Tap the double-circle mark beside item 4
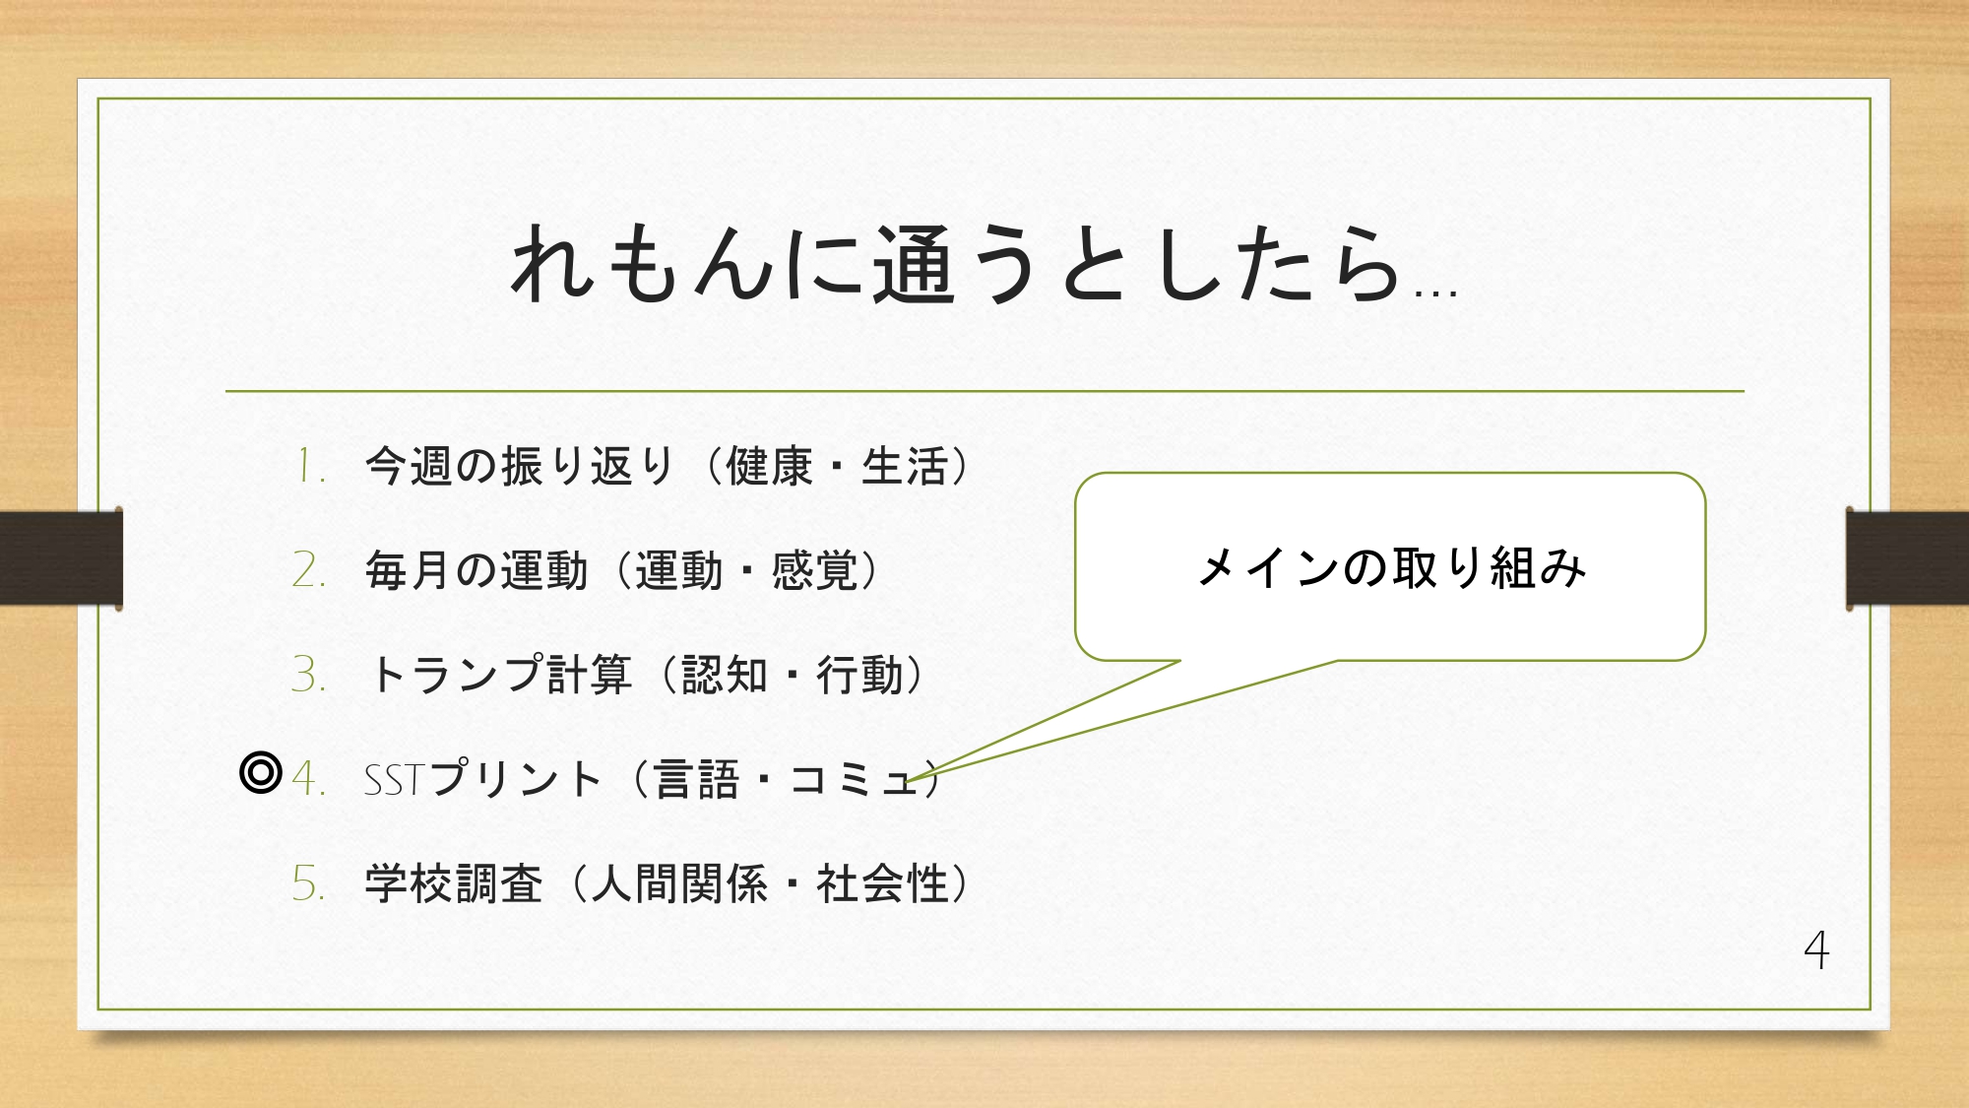(x=261, y=773)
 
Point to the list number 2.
(x=308, y=570)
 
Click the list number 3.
(x=308, y=675)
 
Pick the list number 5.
(x=308, y=883)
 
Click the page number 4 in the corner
(x=1816, y=950)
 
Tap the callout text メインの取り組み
(x=1390, y=568)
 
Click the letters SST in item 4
(x=394, y=780)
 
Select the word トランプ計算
(x=499, y=676)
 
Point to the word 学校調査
(x=454, y=883)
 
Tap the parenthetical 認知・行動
(x=792, y=676)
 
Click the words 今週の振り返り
(x=520, y=467)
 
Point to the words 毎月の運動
(x=476, y=571)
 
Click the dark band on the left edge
(x=61, y=558)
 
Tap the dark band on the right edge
(x=1907, y=558)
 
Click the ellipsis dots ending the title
(x=1435, y=293)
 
